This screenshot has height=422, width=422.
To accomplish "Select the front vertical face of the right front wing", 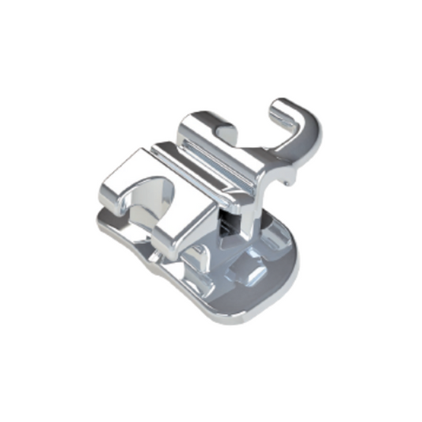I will [x=182, y=230].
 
